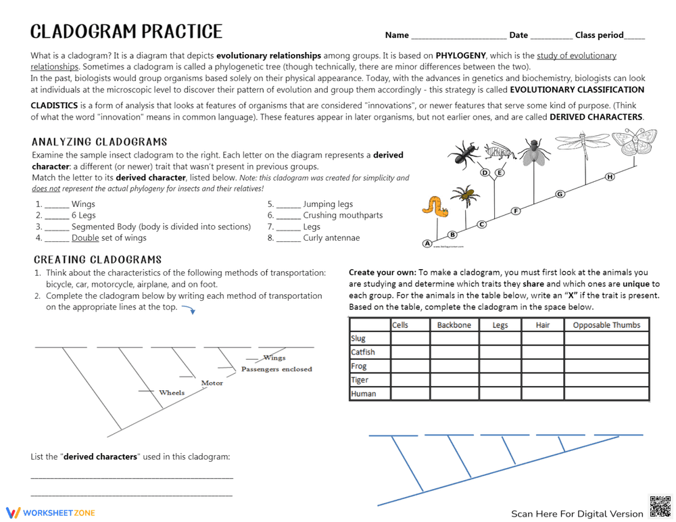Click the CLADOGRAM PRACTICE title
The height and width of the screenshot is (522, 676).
[126, 32]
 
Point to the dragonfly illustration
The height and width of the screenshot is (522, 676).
[583, 142]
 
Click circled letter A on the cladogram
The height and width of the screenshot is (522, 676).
[427, 243]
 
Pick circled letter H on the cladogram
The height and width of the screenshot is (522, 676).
[610, 177]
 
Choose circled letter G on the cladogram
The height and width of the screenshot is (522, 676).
[560, 195]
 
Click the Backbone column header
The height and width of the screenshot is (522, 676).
[454, 325]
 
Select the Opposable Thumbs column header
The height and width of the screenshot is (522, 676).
[606, 325]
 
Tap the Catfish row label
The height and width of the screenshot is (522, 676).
[363, 352]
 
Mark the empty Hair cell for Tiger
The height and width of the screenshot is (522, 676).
[542, 380]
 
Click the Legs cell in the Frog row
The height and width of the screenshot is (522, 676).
[500, 366]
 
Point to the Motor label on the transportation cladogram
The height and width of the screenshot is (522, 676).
[212, 383]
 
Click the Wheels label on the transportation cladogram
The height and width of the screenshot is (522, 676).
[172, 393]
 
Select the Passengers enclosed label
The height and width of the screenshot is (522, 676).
[276, 369]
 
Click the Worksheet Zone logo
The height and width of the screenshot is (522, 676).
[51, 513]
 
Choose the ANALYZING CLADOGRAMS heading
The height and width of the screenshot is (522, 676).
[99, 142]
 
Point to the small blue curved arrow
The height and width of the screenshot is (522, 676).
[189, 310]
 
